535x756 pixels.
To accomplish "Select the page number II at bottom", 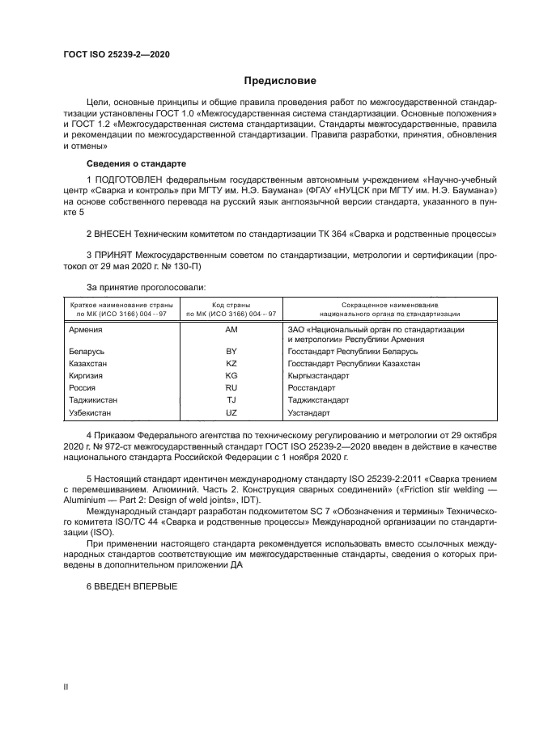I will (x=66, y=686).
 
